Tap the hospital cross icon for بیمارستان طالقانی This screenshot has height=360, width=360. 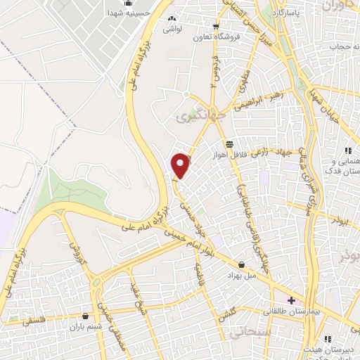point(291,300)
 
